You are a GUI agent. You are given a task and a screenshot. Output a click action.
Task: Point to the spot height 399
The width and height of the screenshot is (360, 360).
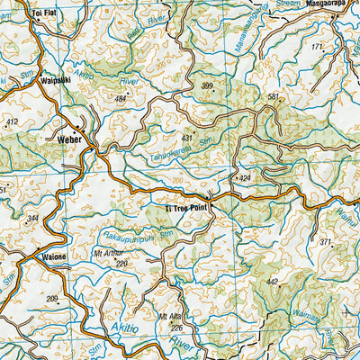click(208, 86)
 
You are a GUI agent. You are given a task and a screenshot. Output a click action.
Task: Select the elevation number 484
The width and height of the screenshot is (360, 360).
click(122, 98)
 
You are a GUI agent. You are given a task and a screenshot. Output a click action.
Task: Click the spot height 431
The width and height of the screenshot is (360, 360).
click(187, 137)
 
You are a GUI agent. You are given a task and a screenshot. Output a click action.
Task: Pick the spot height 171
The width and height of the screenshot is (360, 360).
click(317, 46)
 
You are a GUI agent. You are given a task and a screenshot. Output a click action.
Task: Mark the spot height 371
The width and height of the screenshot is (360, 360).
click(326, 243)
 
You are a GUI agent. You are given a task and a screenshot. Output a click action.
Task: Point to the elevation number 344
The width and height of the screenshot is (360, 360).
click(33, 219)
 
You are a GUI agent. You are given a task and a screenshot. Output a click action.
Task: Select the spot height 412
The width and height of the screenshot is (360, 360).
click(12, 121)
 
